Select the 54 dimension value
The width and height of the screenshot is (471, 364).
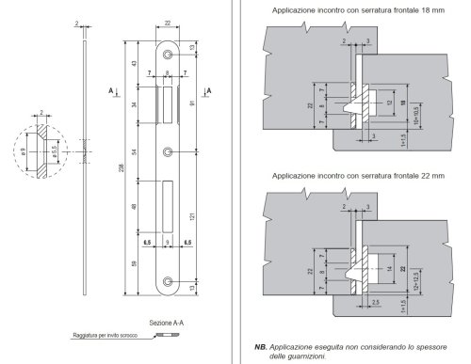(x=135, y=151)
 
